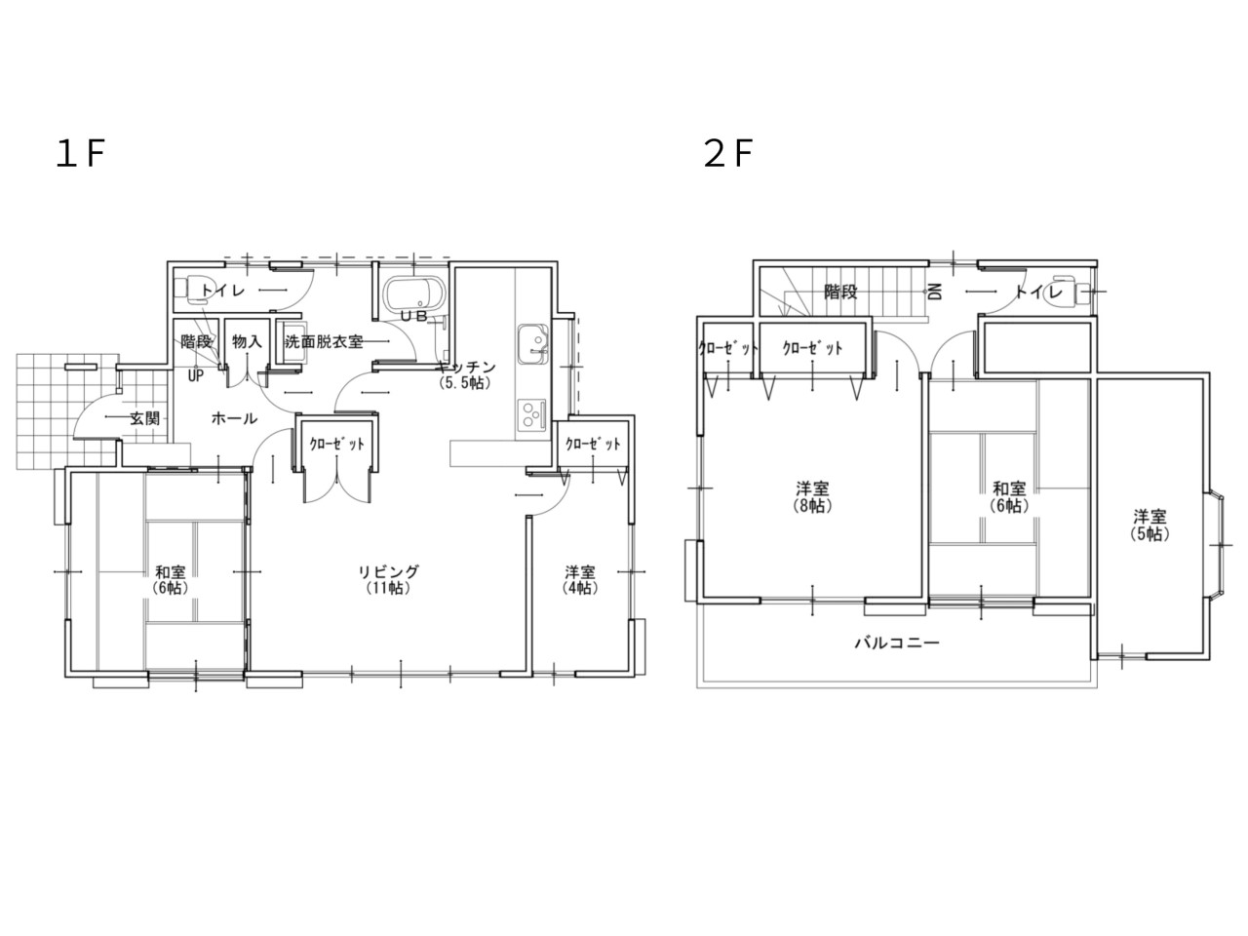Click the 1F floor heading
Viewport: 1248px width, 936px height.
point(80,154)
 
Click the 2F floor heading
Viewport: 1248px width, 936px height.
point(727,154)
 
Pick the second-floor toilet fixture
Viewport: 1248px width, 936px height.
point(1065,292)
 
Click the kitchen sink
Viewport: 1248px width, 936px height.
point(532,342)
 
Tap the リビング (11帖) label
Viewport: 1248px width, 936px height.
point(389,579)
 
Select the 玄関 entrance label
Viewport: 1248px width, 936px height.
point(144,419)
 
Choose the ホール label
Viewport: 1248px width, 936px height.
point(234,419)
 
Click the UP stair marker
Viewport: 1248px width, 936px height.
point(196,376)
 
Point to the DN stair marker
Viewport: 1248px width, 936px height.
point(934,292)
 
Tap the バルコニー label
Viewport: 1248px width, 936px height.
point(897,643)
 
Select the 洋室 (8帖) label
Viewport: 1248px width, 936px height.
point(812,496)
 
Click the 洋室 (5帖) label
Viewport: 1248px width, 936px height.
point(1150,526)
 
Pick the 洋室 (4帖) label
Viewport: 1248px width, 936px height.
point(580,579)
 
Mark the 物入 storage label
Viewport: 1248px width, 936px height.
point(248,341)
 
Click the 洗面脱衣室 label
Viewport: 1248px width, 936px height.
point(324,341)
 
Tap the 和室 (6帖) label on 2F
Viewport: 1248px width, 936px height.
point(1009,496)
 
